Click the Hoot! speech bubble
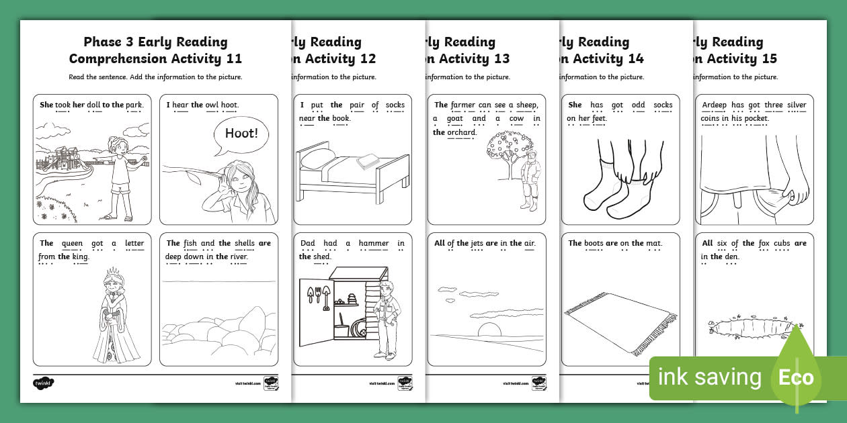[241, 134]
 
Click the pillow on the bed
[318, 159]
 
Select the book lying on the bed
[369, 160]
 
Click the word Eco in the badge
[796, 377]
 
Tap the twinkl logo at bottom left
[43, 383]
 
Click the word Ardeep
[715, 105]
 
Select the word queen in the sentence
[72, 243]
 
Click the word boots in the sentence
[593, 243]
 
